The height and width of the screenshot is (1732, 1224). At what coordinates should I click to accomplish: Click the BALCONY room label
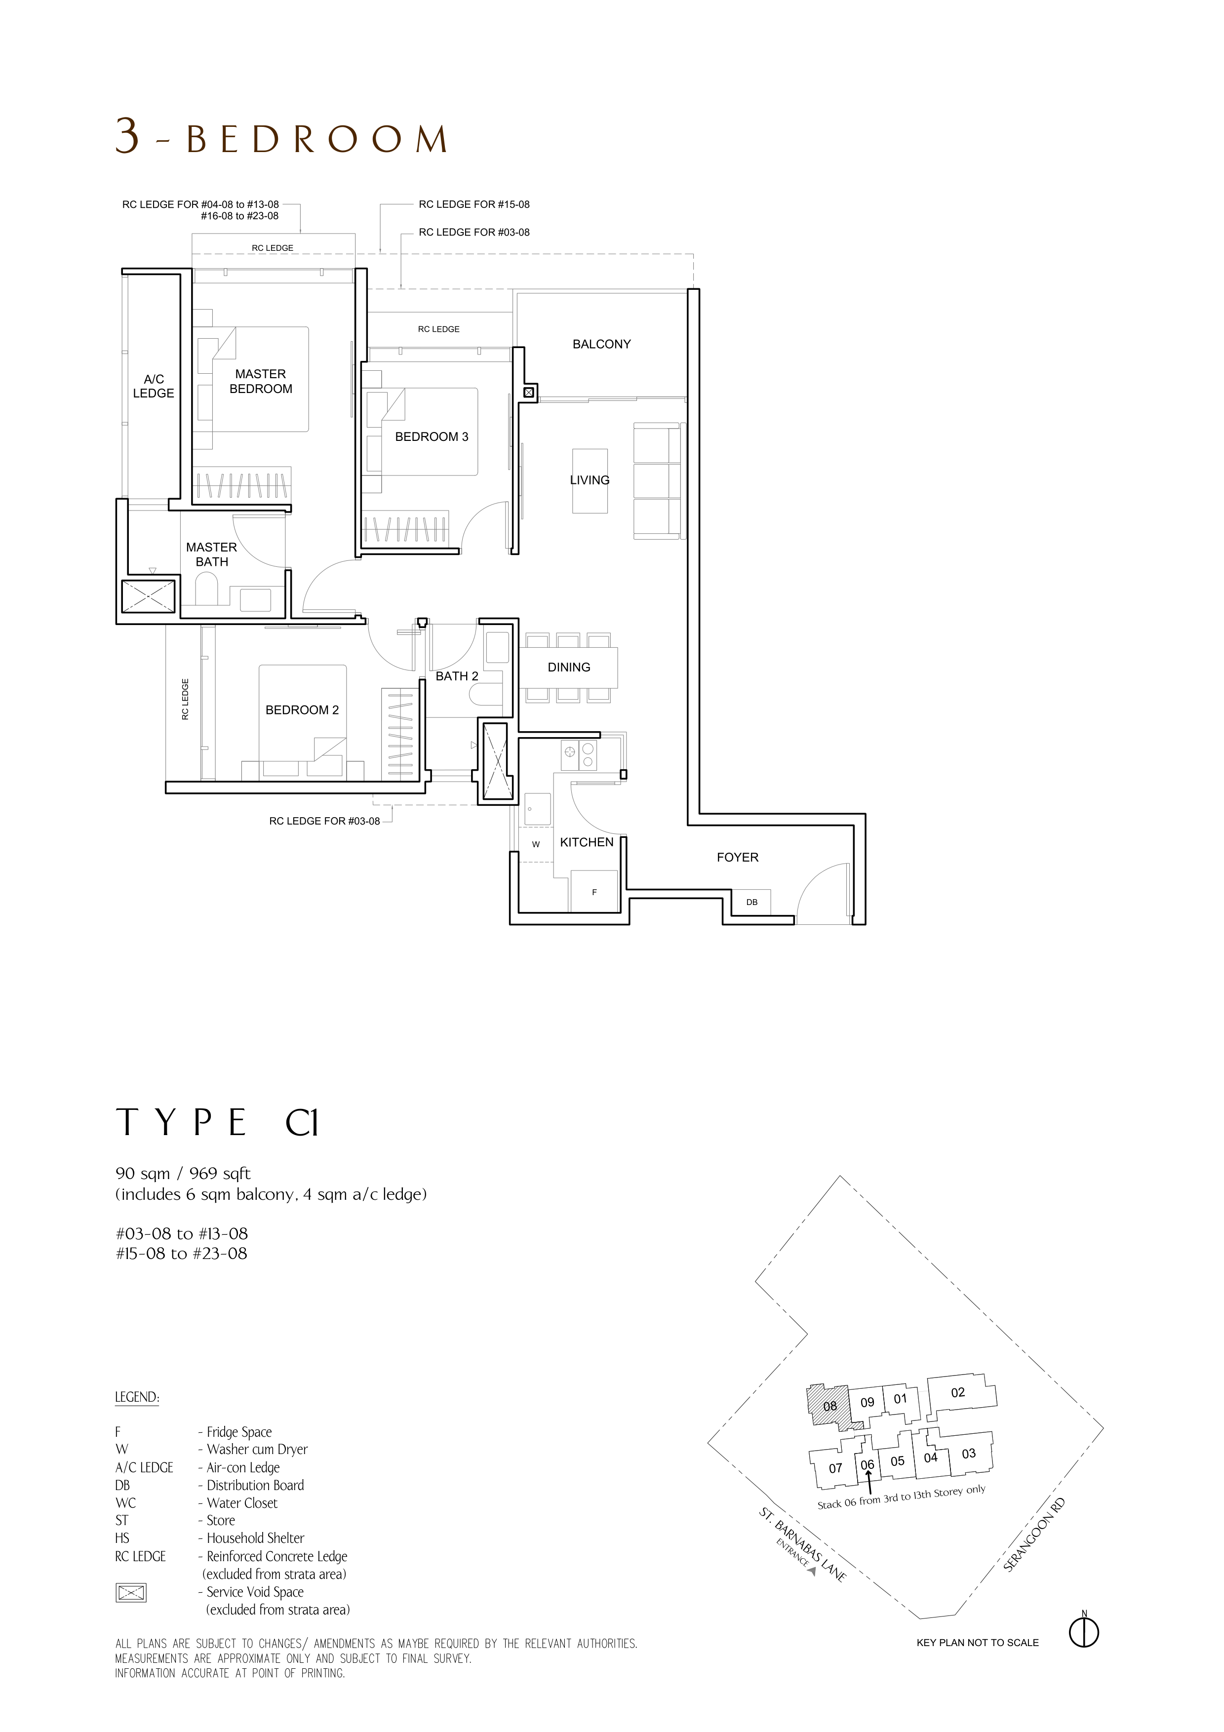click(x=601, y=344)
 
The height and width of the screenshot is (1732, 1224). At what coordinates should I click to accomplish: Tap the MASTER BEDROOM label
click(x=260, y=381)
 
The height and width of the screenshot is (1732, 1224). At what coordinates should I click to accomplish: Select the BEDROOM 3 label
click(x=432, y=437)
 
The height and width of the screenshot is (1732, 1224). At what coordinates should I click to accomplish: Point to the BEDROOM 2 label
click(x=302, y=710)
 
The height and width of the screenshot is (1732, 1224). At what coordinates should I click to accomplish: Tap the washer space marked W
click(x=535, y=844)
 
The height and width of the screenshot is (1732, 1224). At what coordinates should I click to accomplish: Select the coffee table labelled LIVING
click(x=590, y=480)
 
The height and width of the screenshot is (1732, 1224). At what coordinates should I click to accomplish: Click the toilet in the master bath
click(x=206, y=589)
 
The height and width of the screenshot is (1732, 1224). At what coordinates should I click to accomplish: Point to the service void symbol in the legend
click(x=130, y=1592)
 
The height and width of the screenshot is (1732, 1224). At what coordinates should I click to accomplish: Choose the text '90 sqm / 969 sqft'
click(x=183, y=1174)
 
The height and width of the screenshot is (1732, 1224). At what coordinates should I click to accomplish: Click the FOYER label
click(x=738, y=857)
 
